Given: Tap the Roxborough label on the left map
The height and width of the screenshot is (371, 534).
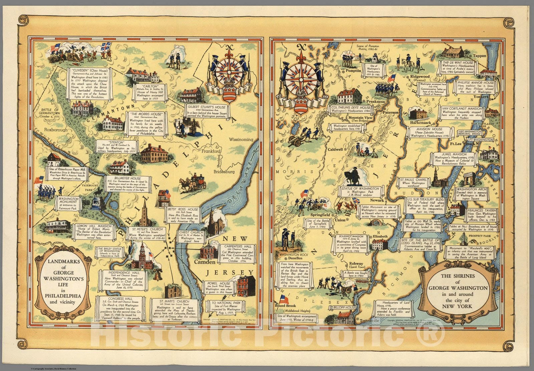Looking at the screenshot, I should (x=57, y=130).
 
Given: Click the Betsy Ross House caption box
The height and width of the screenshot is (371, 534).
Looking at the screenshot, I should (x=182, y=215).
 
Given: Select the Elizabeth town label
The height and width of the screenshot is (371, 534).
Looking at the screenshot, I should (x=380, y=236).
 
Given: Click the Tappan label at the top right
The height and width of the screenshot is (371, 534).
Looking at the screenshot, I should (x=478, y=56).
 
